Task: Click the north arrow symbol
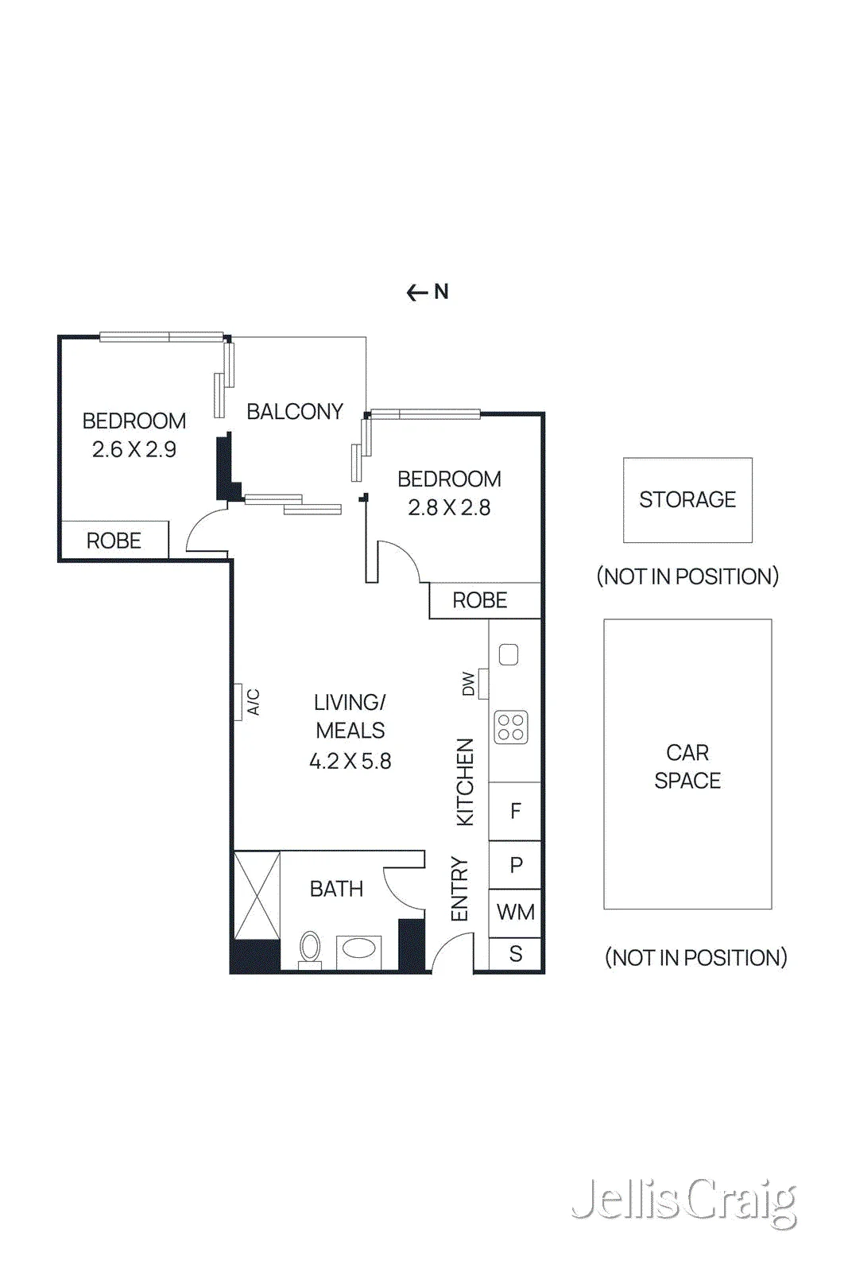tap(428, 292)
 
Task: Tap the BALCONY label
tap(295, 411)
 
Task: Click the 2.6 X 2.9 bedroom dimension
tap(134, 449)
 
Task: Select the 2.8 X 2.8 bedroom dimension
tap(449, 507)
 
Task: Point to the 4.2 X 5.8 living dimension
tap(350, 761)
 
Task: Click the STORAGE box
tap(687, 500)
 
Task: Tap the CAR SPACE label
tap(687, 766)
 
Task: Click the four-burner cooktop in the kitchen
tap(511, 727)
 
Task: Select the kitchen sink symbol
tap(509, 654)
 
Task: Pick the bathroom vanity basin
tap(358, 949)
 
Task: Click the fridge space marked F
tap(515, 811)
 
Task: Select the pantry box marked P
tap(515, 865)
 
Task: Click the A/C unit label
tap(254, 702)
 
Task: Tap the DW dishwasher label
tap(468, 684)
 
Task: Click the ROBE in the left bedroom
tap(114, 540)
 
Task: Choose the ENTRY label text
tap(459, 889)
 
